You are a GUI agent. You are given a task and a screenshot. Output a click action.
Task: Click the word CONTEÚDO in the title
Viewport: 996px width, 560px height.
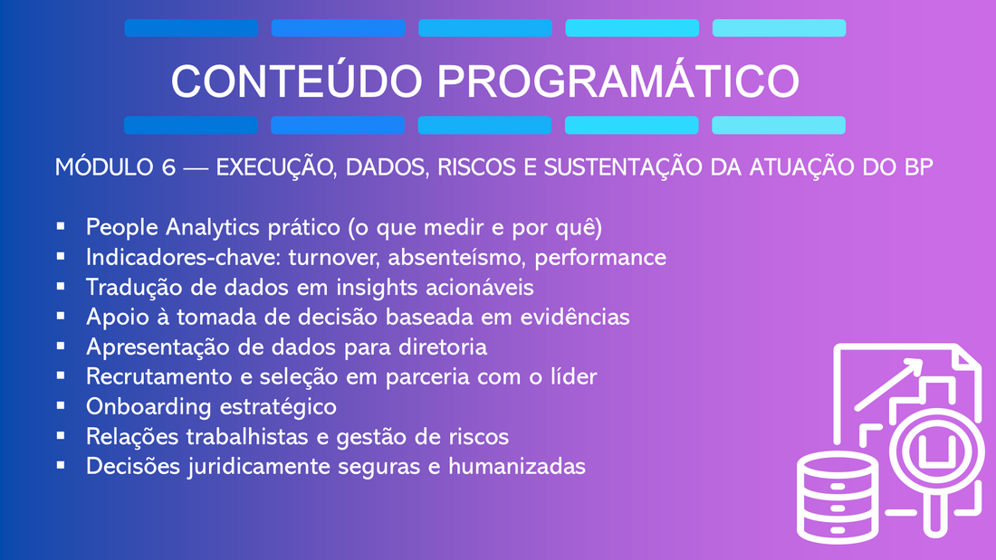tap(297, 81)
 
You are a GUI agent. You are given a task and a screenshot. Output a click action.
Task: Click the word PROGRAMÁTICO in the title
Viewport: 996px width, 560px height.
tap(618, 81)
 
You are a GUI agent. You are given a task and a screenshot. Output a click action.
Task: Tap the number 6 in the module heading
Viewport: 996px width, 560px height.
tap(168, 167)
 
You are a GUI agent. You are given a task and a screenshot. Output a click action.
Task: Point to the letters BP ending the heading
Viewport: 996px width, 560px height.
tap(918, 167)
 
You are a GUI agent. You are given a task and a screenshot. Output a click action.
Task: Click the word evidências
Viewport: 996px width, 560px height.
tap(575, 317)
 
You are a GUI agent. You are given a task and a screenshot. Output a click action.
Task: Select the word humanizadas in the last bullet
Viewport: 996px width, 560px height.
tap(517, 467)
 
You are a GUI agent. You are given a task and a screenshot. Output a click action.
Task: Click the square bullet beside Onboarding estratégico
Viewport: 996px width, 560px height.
tap(61, 405)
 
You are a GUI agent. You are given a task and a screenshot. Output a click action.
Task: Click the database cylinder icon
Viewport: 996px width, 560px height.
tap(838, 498)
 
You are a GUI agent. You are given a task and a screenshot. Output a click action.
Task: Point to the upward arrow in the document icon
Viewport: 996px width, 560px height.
tap(889, 384)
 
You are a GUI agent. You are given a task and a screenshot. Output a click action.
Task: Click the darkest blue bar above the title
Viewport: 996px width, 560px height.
tap(191, 28)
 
